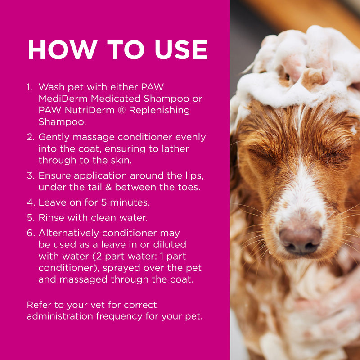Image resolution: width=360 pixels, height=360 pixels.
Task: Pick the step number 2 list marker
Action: (30, 137)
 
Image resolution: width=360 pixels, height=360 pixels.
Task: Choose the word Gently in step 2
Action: (54, 137)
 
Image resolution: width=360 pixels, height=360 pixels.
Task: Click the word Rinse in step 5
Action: (52, 218)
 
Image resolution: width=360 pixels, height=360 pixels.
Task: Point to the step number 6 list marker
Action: (30, 233)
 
